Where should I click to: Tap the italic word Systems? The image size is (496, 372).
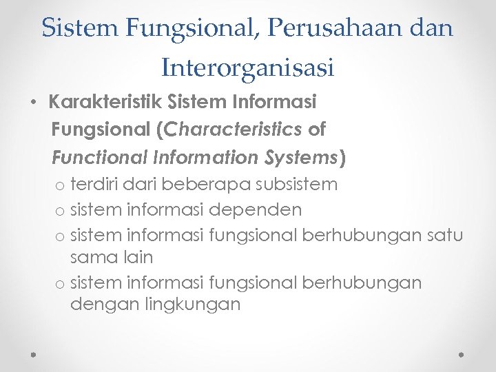pyautogui.click(x=301, y=157)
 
